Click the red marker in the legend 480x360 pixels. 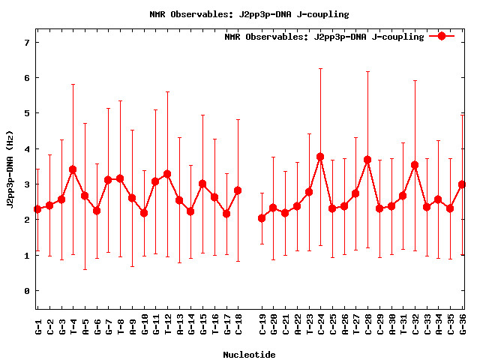(442, 36)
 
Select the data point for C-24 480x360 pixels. (320, 157)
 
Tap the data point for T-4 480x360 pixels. (73, 169)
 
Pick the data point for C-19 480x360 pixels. (262, 218)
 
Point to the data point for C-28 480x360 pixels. (367, 160)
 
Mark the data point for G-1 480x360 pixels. (37, 209)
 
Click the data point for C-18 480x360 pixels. (238, 190)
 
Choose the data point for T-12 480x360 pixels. (167, 174)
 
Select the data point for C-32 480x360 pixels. (415, 165)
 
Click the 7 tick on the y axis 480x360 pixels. (26, 43)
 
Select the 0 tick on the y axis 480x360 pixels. (26, 291)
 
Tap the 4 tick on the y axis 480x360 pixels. (26, 149)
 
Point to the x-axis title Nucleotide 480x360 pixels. (249, 355)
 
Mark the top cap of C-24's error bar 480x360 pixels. (320, 69)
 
